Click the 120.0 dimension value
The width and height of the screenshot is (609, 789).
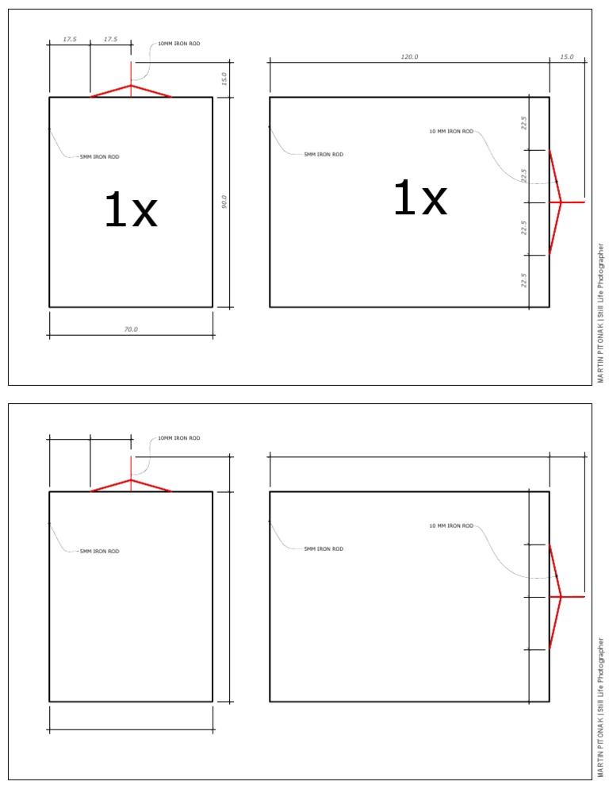pos(409,57)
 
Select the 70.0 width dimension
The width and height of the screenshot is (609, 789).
pos(131,329)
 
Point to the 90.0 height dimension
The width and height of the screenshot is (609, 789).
pos(224,202)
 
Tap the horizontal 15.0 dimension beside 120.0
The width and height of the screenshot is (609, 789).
pos(567,57)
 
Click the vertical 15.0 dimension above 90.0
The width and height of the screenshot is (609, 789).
pos(224,79)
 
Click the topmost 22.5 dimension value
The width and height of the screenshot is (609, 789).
pos(523,123)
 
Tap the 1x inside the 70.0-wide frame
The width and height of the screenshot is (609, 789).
pos(131,212)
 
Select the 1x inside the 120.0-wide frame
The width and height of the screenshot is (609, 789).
pos(420,199)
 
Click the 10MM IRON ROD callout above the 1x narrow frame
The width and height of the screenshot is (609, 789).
pos(179,44)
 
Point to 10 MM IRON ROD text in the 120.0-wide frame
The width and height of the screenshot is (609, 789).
pos(450,131)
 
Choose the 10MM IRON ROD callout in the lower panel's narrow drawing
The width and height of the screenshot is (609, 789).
pos(179,438)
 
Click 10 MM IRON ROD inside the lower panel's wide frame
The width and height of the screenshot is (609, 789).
pos(450,525)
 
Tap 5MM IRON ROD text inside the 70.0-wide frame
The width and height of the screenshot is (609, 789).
pos(99,157)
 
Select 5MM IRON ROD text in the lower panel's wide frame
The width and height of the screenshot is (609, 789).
pos(324,548)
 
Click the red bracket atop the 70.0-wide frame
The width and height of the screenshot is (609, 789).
pos(131,90)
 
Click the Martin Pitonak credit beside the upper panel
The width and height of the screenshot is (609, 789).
pos(601,314)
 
